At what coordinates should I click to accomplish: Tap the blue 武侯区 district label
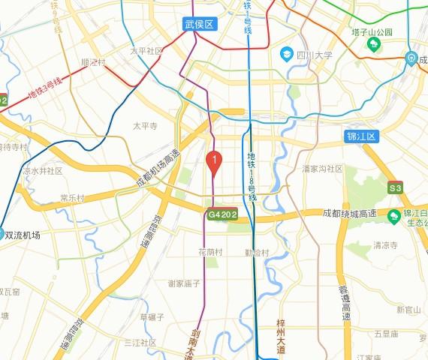point(200,24)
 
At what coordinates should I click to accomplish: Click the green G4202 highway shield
point(223,214)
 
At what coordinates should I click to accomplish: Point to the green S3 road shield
point(396,187)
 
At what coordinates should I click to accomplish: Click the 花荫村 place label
point(210,252)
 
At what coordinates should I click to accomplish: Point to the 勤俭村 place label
point(256,252)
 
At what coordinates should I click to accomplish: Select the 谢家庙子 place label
point(184,283)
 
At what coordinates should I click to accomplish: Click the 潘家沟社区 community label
point(322,169)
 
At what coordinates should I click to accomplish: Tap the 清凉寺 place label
point(385,245)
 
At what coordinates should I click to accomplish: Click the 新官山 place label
point(409,310)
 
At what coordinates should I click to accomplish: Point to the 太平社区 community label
point(146,51)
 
